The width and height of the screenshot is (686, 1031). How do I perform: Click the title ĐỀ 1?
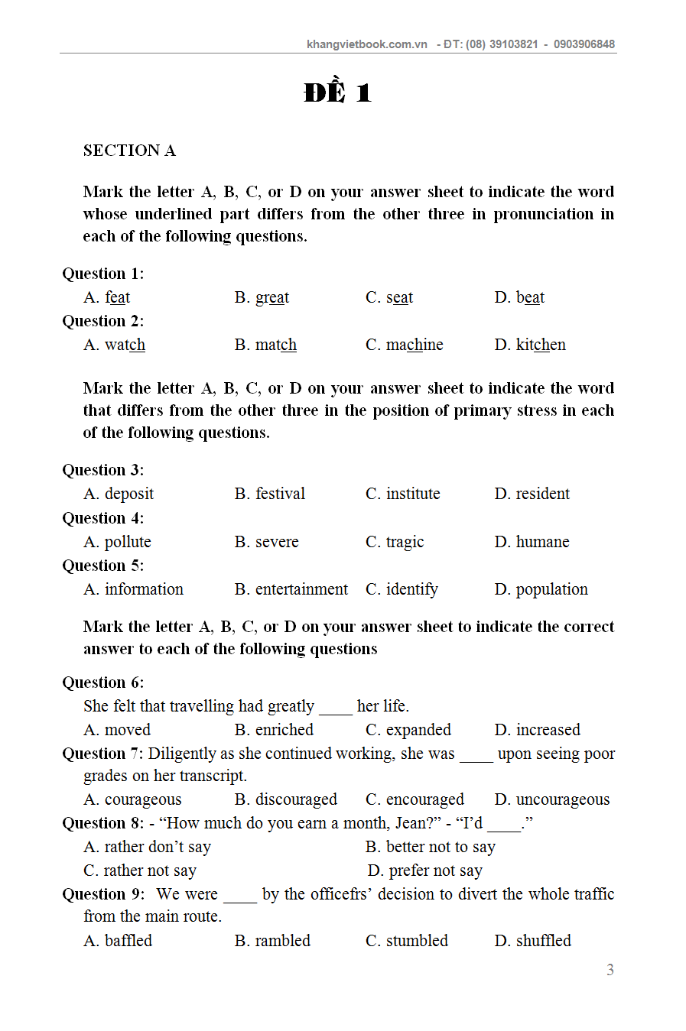[337, 92]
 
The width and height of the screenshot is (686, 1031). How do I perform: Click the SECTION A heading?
[129, 151]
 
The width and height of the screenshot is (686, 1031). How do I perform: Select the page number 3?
[610, 970]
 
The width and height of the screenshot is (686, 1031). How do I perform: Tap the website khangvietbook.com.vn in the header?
[366, 44]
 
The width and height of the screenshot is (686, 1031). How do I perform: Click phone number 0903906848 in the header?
[584, 44]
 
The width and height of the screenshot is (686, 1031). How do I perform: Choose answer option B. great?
[262, 297]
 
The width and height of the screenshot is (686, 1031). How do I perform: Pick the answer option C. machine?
[404, 345]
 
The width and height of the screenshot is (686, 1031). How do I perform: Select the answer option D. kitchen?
[530, 345]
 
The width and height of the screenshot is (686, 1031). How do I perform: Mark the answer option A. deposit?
[119, 494]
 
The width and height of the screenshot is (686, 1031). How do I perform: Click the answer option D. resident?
[532, 494]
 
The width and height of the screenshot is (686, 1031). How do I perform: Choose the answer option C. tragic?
[395, 542]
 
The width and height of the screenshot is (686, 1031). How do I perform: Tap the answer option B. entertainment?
[291, 589]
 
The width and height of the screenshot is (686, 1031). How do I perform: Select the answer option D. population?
[541, 589]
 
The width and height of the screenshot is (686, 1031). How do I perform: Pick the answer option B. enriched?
[274, 730]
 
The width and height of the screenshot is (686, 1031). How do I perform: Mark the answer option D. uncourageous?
[551, 799]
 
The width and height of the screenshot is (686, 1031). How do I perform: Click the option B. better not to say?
[430, 847]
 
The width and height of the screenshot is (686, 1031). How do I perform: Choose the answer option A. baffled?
[118, 941]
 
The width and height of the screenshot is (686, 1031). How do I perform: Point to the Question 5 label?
[102, 566]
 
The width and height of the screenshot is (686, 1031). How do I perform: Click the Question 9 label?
[102, 894]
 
